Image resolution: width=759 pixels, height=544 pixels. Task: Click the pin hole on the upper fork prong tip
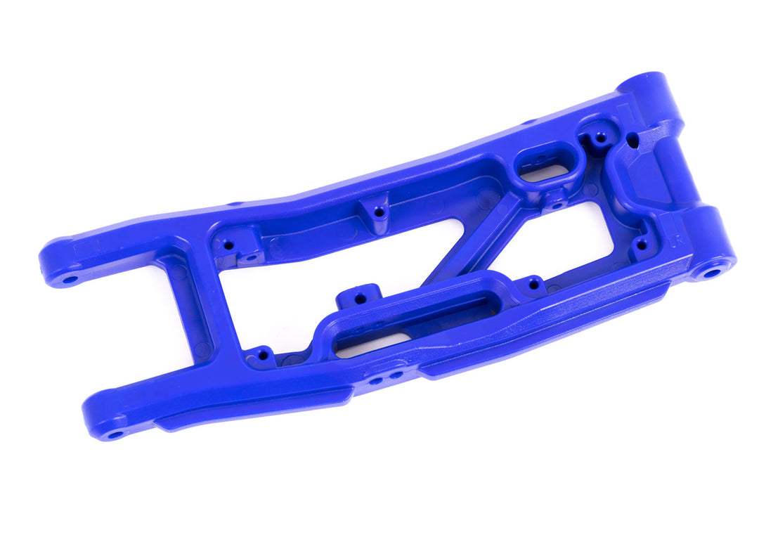pyautogui.click(x=70, y=279)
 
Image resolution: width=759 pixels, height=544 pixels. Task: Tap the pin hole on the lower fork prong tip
pyautogui.click(x=115, y=434)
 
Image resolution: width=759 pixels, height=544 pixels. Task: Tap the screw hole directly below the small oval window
pyautogui.click(x=555, y=205)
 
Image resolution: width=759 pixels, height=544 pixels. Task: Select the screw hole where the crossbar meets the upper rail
pyautogui.click(x=227, y=246)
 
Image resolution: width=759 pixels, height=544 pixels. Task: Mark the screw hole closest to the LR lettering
pyautogui.click(x=640, y=245)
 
